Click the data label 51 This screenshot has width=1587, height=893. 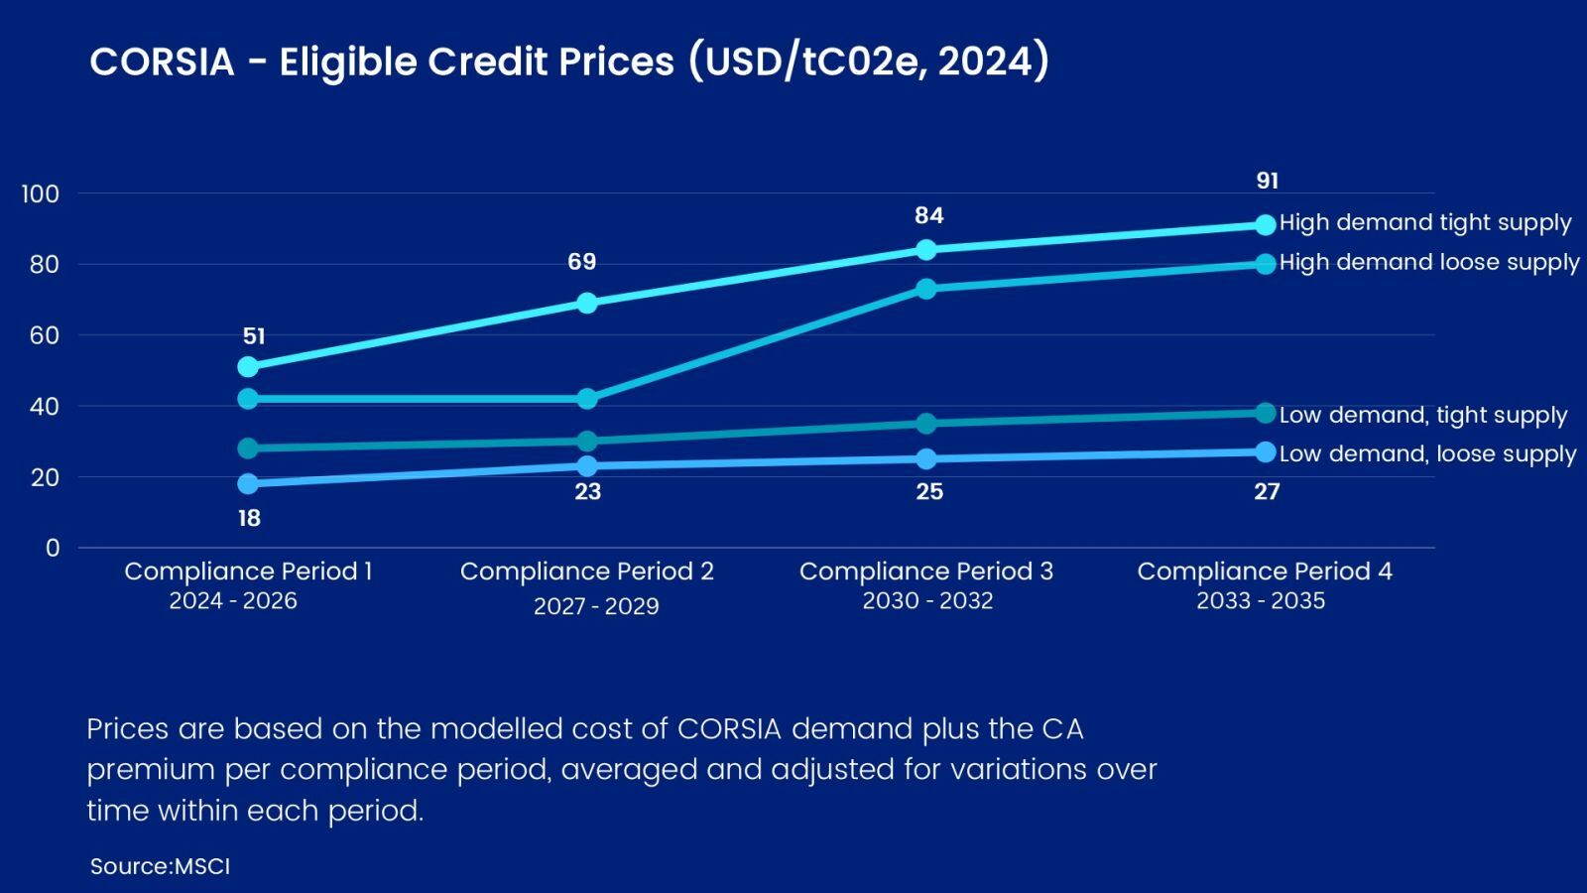(254, 336)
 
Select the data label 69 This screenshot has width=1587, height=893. (582, 262)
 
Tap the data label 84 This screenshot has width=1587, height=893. (929, 215)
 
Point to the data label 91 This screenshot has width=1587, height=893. (1268, 181)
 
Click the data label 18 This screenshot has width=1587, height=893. (249, 518)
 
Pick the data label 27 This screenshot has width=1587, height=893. (1267, 491)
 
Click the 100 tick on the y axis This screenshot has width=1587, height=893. (41, 193)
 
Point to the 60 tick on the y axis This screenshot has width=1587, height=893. (45, 335)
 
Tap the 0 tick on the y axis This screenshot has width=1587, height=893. (53, 548)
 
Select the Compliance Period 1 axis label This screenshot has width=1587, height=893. (248, 572)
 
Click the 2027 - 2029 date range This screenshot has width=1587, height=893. (596, 606)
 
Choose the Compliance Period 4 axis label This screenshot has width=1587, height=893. (1265, 572)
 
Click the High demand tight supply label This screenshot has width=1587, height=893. (1425, 222)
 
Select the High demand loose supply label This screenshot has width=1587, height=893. (1429, 262)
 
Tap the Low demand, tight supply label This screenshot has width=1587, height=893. (1423, 415)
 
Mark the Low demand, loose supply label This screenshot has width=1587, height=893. (1427, 453)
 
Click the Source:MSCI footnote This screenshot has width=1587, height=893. (160, 866)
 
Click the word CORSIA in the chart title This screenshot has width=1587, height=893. (162, 63)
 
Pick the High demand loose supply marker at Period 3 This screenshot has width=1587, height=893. (926, 289)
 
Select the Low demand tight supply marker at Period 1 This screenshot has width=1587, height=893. (248, 448)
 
